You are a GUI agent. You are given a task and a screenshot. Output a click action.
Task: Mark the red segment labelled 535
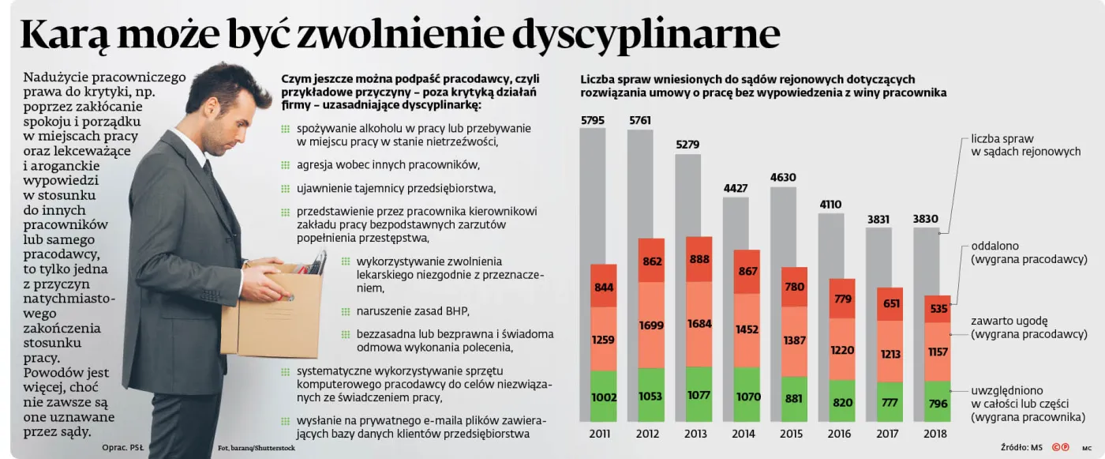click(x=938, y=309)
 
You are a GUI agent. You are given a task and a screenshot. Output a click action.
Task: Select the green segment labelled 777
click(x=890, y=403)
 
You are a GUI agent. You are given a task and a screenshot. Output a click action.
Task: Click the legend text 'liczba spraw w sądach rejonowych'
click(x=1025, y=145)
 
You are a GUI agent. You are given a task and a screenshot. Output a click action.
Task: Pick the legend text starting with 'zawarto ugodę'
click(x=1028, y=327)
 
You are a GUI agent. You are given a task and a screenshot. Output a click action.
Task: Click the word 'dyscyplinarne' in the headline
click(x=646, y=34)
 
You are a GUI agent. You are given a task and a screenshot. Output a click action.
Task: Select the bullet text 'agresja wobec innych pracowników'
click(x=388, y=165)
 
